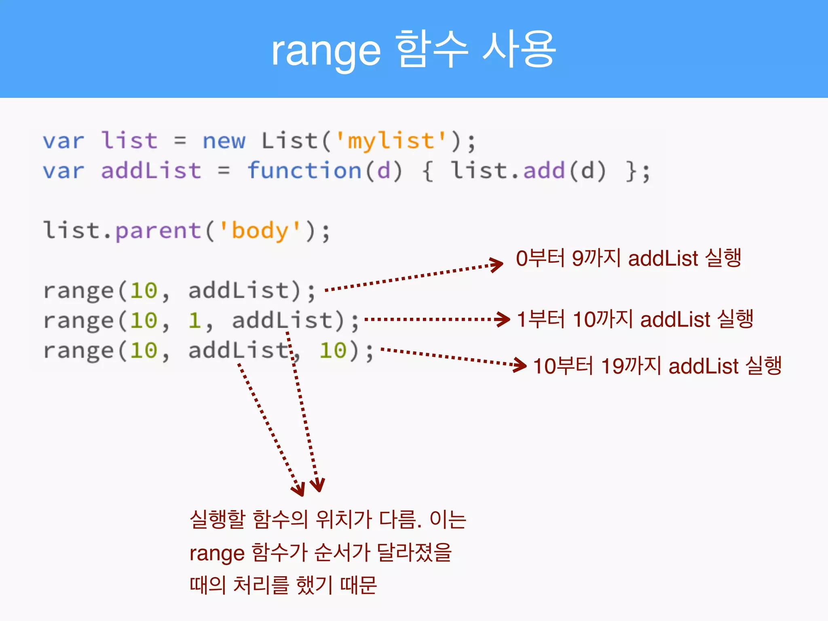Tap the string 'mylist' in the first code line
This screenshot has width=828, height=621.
coord(391,141)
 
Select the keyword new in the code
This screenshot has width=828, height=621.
coord(224,141)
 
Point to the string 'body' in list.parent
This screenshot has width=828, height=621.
coord(260,231)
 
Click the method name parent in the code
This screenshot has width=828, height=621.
coord(158,231)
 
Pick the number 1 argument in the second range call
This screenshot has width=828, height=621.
coord(194,321)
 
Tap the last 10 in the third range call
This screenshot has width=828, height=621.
coord(333,351)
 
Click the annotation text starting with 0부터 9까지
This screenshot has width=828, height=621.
coord(628,258)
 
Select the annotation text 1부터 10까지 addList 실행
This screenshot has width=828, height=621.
coord(635,319)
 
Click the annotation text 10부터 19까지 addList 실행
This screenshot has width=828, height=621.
coord(657,366)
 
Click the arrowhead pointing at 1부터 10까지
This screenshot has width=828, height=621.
coord(504,319)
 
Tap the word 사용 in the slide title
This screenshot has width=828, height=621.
coord(519,50)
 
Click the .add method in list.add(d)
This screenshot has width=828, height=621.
coord(544,171)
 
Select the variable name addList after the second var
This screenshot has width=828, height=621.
coord(151,171)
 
